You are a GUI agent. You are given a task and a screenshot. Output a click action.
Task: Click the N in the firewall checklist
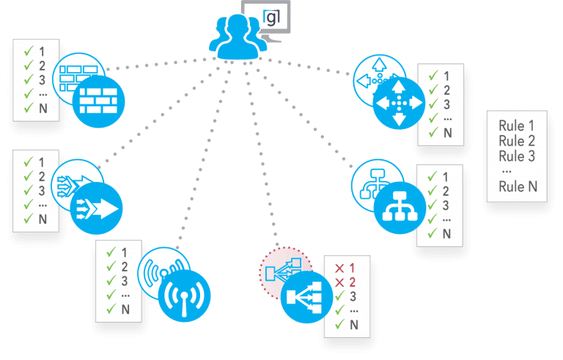(42, 109)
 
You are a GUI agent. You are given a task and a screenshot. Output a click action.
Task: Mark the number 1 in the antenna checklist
(124, 252)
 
